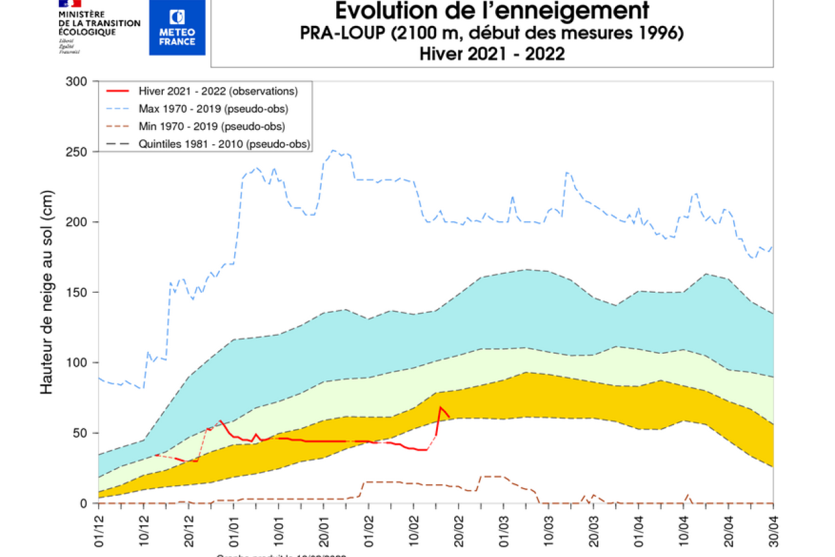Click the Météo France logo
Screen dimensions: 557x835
176,27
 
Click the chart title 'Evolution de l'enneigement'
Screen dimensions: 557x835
492,11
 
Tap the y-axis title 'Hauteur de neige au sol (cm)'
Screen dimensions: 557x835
47,292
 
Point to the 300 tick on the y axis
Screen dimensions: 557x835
77,81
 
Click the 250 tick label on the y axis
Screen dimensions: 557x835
77,151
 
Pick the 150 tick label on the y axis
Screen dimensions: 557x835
77,292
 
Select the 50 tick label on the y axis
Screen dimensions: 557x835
80,433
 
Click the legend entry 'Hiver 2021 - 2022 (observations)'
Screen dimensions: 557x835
218,91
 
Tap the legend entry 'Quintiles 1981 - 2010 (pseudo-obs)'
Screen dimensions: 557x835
224,144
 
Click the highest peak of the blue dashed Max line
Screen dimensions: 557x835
333,151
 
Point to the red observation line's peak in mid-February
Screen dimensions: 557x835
441,408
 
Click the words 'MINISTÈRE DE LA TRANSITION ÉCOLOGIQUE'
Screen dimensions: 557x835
99,23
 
